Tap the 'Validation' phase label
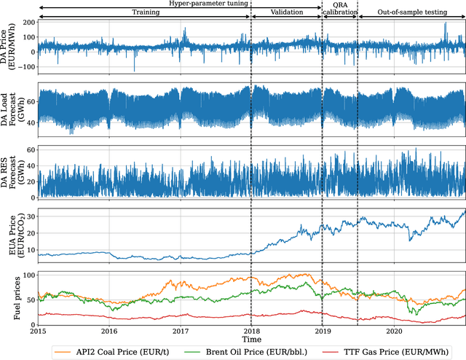point(286,13)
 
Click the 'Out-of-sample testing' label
point(411,13)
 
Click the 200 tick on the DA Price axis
point(27,23)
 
